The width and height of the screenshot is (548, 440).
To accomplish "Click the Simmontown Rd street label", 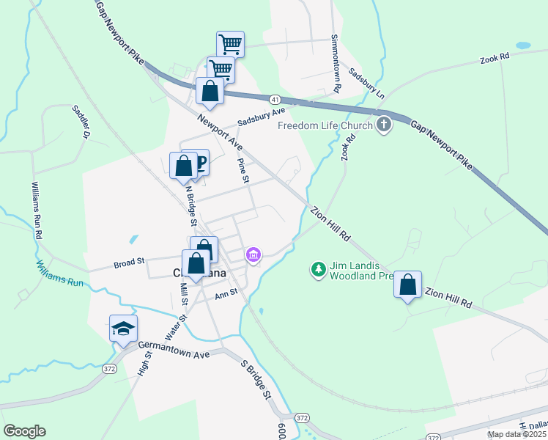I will click(x=336, y=63).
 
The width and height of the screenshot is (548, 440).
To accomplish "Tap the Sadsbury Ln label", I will click(x=366, y=84).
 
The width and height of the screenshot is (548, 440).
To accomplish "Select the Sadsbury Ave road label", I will click(x=260, y=117).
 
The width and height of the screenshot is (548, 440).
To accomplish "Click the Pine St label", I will click(x=245, y=170).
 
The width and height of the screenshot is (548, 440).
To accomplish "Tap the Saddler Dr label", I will click(x=80, y=122).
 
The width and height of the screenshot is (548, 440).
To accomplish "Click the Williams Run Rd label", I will click(x=36, y=212).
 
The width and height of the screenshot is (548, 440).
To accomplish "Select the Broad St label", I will click(x=129, y=261).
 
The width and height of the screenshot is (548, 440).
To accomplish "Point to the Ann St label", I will click(x=226, y=295).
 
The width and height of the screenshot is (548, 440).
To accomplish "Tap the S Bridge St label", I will click(x=256, y=380).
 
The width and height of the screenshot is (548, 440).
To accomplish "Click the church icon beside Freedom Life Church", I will click(x=384, y=125).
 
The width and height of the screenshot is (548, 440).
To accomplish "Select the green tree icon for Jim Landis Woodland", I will click(x=318, y=270).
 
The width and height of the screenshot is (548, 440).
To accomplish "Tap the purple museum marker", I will click(x=253, y=255).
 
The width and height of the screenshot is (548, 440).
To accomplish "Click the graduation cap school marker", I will click(x=123, y=329).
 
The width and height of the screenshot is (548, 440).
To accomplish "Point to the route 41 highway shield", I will click(x=273, y=99).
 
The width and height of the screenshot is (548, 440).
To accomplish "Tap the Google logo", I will click(x=24, y=431).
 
